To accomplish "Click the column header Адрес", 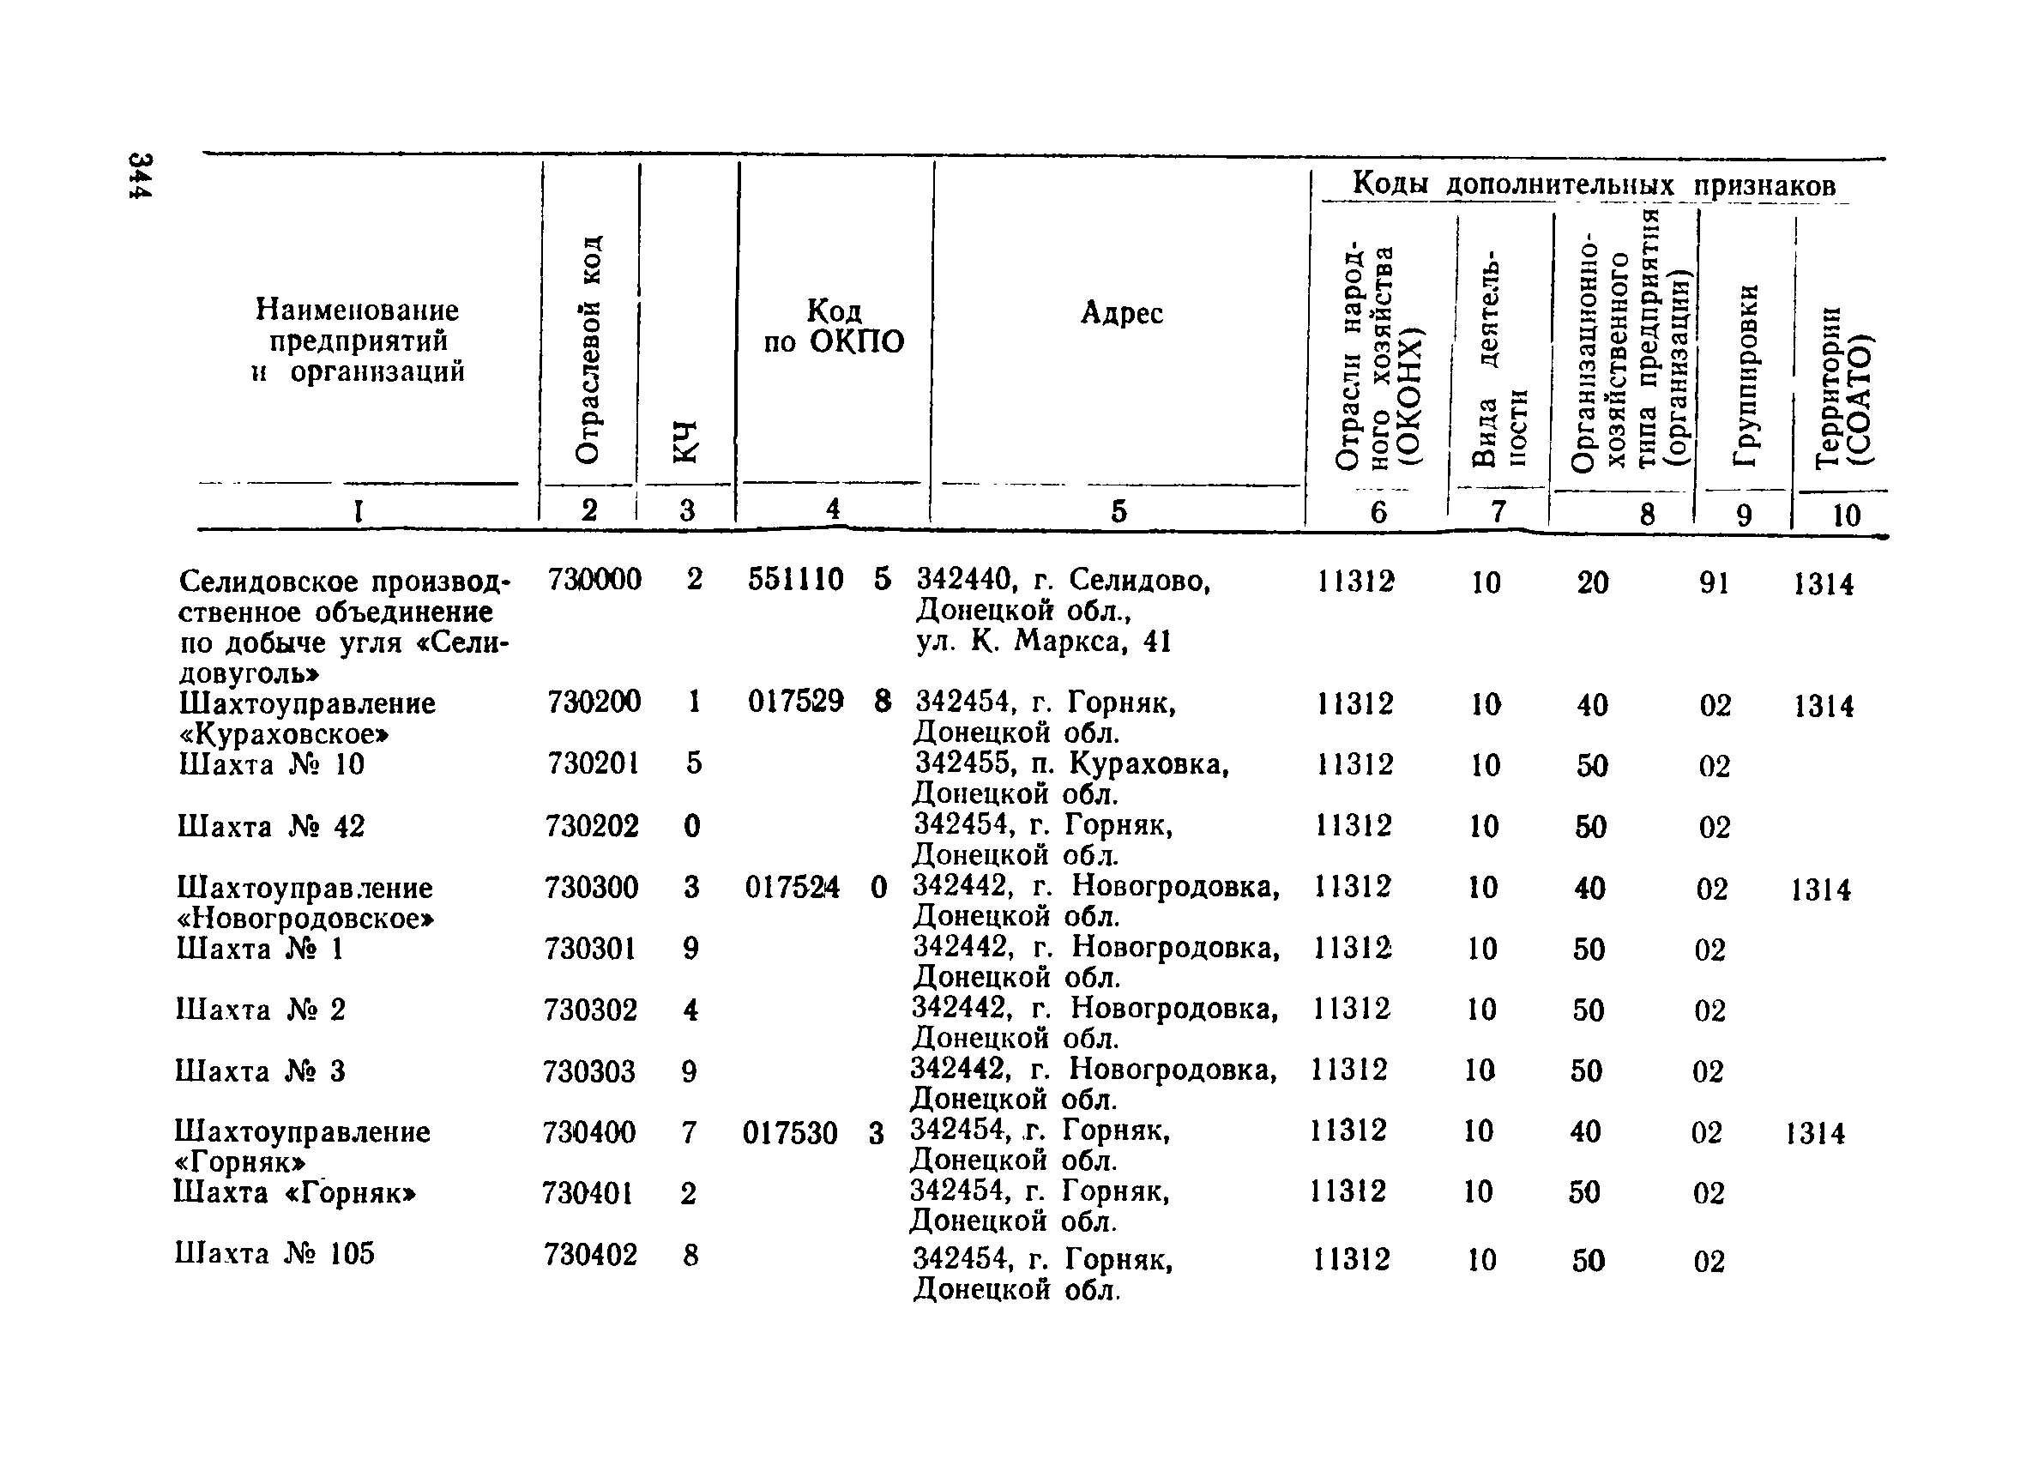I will coord(1121,313).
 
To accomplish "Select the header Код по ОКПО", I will coord(833,326).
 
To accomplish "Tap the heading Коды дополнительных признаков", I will coord(1594,184).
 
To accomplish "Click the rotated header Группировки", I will coord(1745,374).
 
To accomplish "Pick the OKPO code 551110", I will coord(795,580).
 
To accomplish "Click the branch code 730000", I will coord(594,580).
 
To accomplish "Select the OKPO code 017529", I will coord(795,702).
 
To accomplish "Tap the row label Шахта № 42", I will coord(272,827).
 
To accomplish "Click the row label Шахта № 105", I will coord(275,1254).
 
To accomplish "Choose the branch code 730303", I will coord(589,1071).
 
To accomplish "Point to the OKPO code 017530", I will coord(791,1134).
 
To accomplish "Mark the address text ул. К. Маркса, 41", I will coord(1043,642).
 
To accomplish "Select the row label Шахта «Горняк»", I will coord(296,1193).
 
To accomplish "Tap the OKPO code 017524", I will coord(793,888).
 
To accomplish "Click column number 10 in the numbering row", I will coord(1846,515).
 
